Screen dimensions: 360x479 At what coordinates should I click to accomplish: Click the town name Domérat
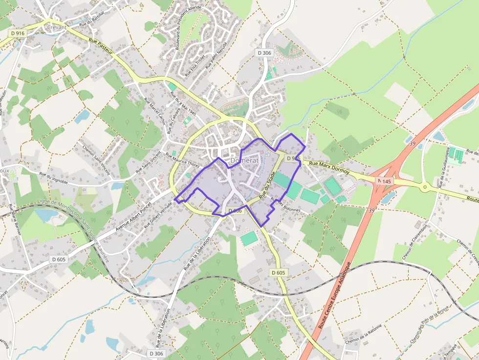(244, 160)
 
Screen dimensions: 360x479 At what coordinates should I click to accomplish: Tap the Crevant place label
(57, 27)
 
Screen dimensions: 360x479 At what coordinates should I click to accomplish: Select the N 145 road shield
(384, 181)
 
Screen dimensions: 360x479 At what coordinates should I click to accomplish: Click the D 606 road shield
(235, 211)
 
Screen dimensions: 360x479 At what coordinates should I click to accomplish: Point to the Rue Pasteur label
(101, 45)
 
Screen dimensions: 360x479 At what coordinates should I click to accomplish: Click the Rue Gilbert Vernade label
(159, 215)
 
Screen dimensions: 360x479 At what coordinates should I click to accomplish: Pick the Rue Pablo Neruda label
(211, 58)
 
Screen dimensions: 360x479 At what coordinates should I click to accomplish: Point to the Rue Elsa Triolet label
(195, 65)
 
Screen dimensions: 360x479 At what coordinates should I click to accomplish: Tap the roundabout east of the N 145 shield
(424, 186)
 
